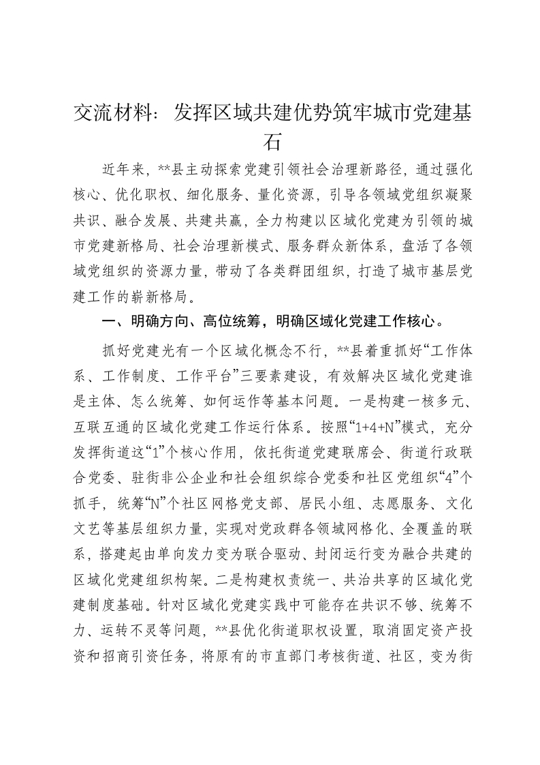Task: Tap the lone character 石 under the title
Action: coord(270,140)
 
